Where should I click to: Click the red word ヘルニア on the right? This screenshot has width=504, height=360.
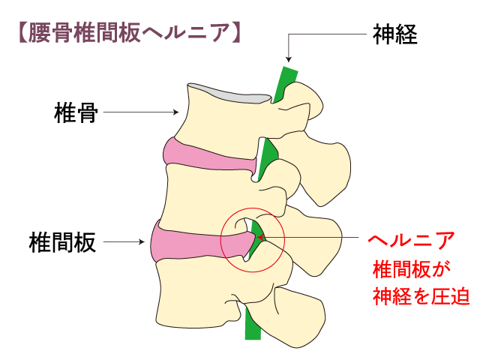point(411,240)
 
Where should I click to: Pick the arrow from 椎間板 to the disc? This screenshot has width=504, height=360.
point(123,242)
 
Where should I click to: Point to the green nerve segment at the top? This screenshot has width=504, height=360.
point(284,83)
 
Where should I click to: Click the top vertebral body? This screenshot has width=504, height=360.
point(217,116)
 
